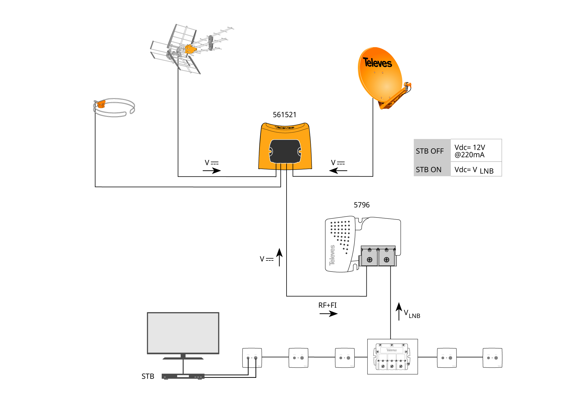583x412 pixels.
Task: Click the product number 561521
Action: [285, 115]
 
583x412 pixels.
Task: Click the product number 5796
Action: [361, 205]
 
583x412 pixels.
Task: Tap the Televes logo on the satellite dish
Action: [377, 63]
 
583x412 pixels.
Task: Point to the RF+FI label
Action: [327, 305]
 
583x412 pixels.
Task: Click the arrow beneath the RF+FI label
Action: [329, 314]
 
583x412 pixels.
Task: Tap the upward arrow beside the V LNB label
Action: [399, 311]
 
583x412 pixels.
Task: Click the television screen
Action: [183, 333]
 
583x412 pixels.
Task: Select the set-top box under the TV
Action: [183, 376]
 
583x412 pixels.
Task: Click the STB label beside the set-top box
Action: [148, 376]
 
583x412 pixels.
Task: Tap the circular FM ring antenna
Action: [114, 108]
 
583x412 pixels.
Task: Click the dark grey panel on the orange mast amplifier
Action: [285, 151]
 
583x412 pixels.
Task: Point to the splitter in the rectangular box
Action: [392, 357]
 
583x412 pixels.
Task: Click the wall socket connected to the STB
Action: [252, 358]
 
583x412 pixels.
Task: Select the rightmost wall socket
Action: [492, 358]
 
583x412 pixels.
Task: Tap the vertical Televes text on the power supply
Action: [332, 255]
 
